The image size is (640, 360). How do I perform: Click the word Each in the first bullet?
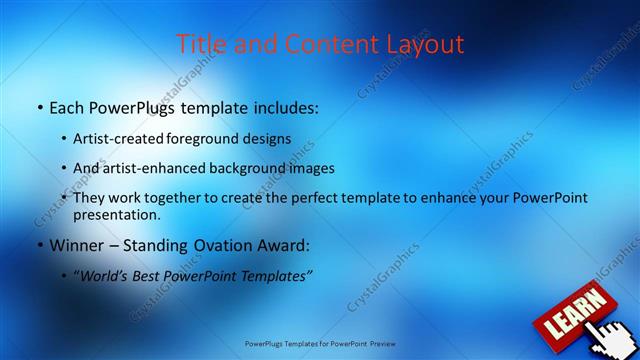tap(68, 106)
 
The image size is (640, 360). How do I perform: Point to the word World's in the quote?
tap(104, 276)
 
